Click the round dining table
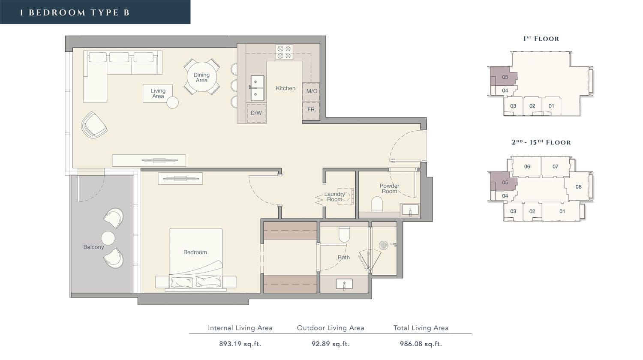201,77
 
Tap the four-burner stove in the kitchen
284,52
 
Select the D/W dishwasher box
256,113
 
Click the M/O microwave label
312,91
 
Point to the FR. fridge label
312,110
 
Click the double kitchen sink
257,88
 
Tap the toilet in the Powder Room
377,204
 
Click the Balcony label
93,247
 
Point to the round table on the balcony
108,238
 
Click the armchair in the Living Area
94,125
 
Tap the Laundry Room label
334,197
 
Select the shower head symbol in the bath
384,246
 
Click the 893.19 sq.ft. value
240,344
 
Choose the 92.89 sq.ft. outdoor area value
331,344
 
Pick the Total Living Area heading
421,328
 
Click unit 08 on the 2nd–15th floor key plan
578,186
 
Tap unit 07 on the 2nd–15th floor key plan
556,167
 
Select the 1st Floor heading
541,39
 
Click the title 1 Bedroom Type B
75,12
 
